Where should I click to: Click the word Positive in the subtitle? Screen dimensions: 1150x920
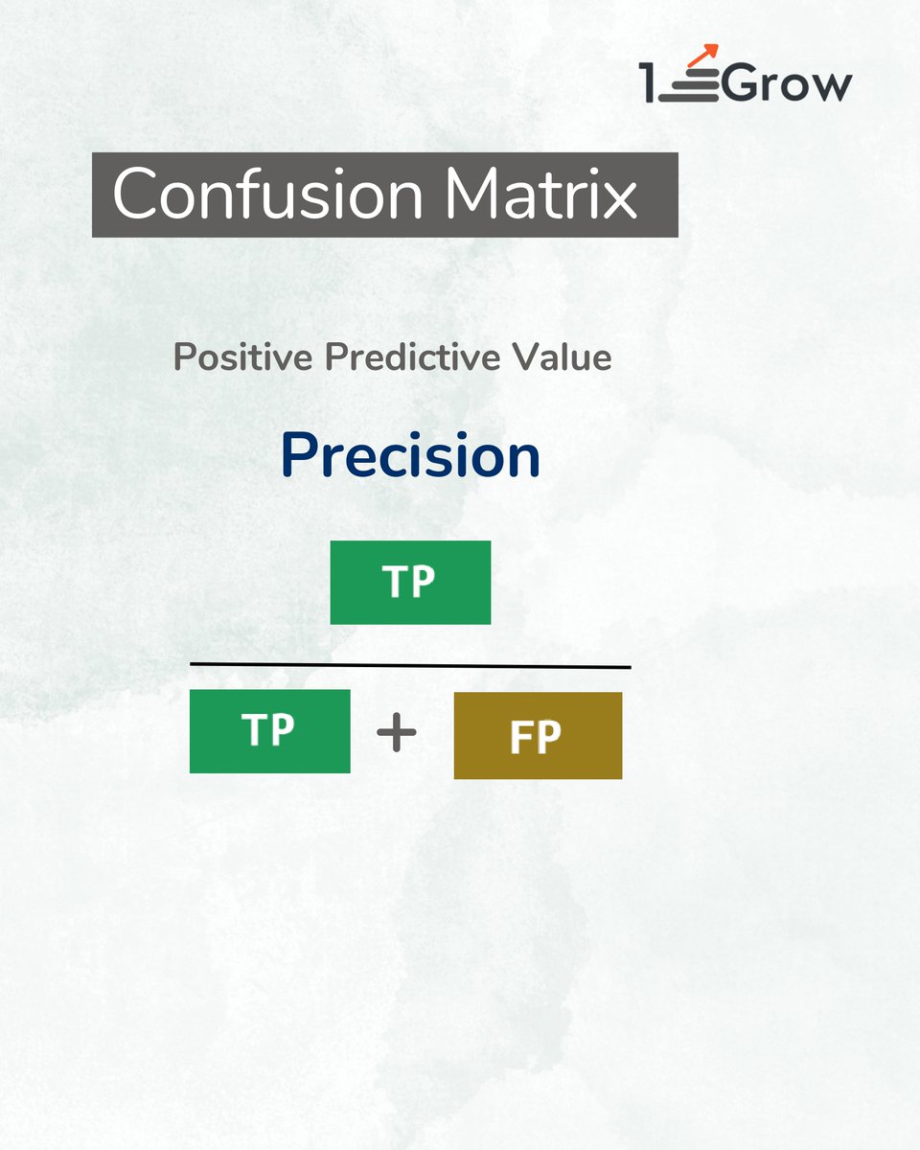tap(244, 357)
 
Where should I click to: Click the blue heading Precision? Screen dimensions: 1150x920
tap(411, 458)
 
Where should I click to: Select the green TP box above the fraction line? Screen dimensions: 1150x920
tap(410, 583)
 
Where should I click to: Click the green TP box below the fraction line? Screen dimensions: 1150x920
tap(269, 730)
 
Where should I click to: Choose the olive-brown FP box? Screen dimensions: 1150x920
tap(538, 736)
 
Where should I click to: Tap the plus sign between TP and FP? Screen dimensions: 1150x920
tap(397, 735)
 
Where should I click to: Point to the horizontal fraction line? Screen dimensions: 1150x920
tap(410, 664)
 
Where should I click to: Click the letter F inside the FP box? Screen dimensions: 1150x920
tap(521, 738)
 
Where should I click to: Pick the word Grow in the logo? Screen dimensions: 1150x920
tap(787, 83)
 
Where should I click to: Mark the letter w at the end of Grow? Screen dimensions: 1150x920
tap(831, 87)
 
